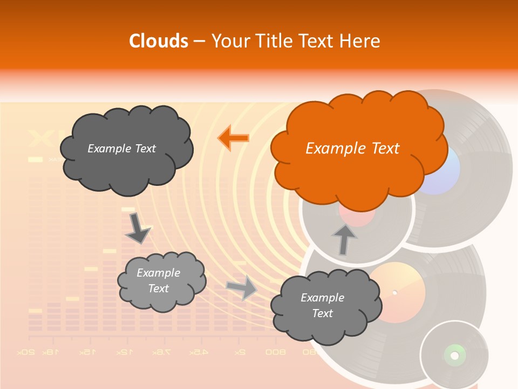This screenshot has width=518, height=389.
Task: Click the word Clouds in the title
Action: tap(159, 41)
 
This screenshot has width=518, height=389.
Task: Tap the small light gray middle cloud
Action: tap(161, 281)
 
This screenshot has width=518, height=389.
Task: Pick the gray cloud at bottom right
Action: tap(326, 306)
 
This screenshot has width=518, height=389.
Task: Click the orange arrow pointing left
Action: tap(234, 138)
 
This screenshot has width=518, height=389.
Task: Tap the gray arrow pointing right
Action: tap(242, 287)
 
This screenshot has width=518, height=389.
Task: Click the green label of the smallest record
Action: tap(454, 355)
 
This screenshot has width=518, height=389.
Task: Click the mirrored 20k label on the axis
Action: tap(25, 352)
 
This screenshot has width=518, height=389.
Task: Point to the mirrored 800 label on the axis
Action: tap(275, 352)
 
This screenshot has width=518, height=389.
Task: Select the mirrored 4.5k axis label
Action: tap(198, 352)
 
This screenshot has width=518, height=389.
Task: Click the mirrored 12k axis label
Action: tap(124, 352)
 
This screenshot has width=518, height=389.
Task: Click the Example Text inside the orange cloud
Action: tap(352, 149)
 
